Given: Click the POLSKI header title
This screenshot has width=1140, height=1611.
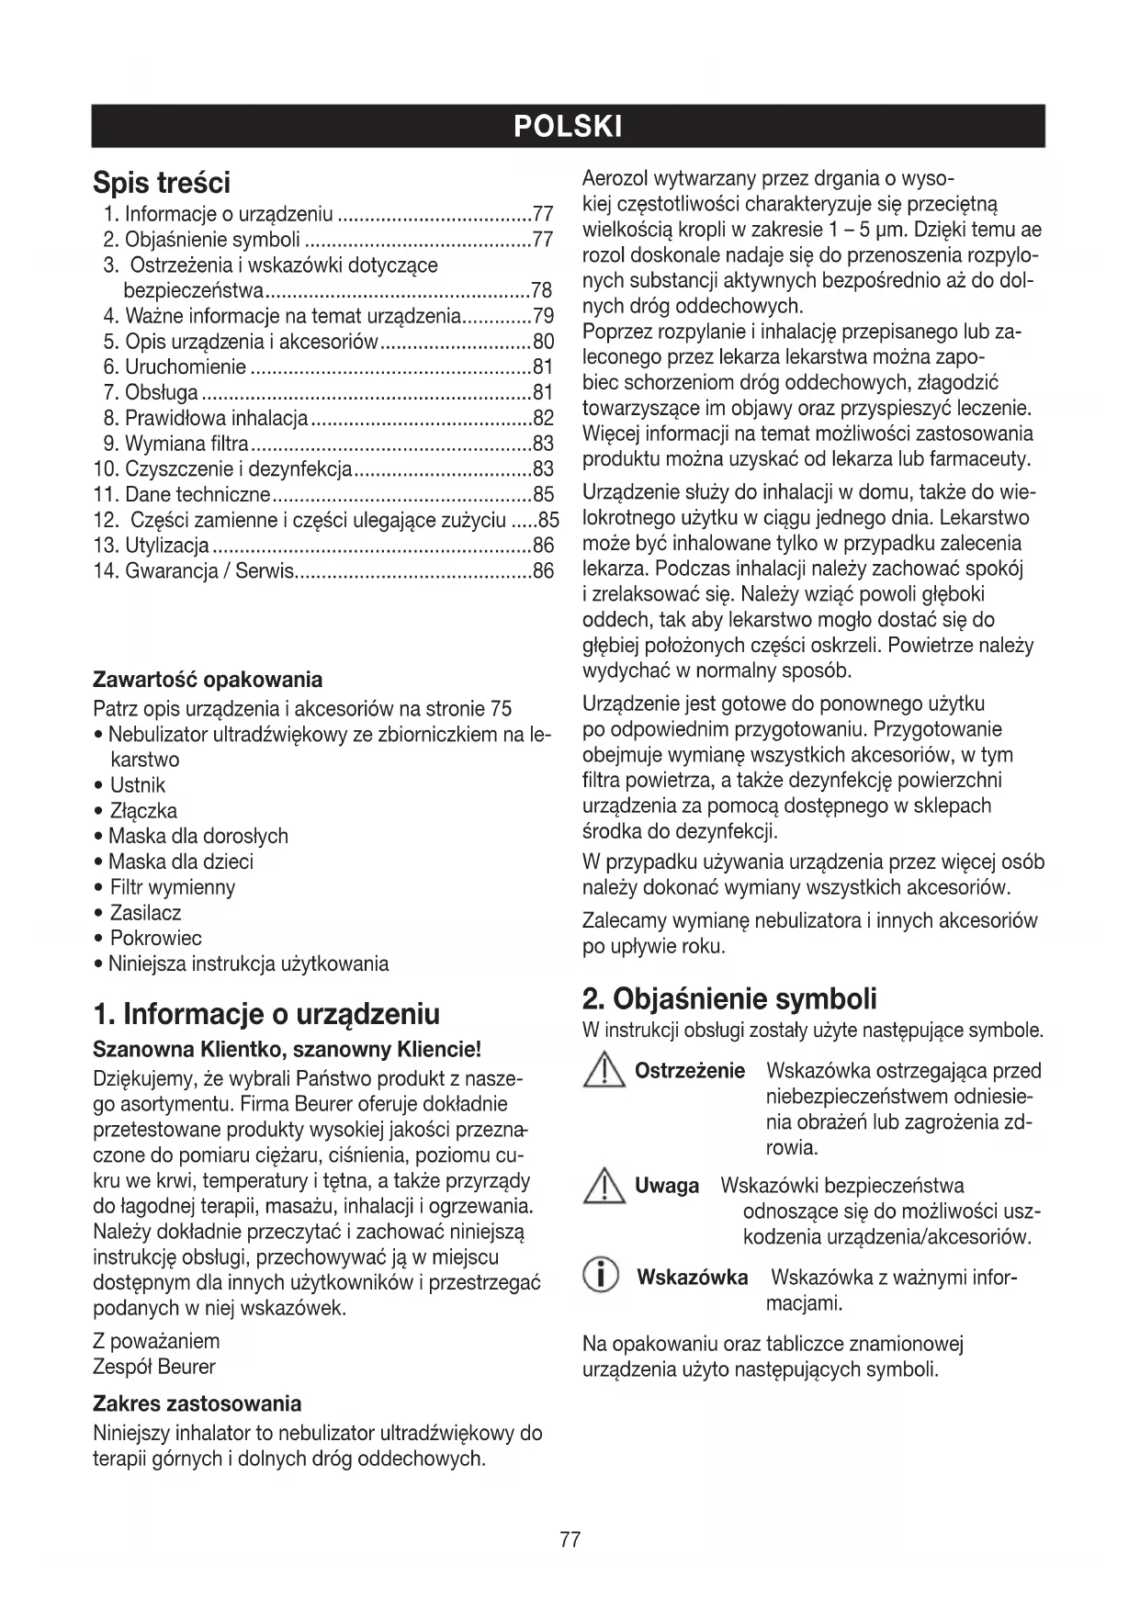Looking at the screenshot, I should coord(569,126).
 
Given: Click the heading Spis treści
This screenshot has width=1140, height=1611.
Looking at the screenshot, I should coord(162,183).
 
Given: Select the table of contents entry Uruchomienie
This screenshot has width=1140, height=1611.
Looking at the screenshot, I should coord(186,367).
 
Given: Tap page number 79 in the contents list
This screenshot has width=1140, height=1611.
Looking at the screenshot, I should coord(543,317).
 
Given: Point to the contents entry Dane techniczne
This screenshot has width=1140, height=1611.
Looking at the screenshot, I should coord(198,495).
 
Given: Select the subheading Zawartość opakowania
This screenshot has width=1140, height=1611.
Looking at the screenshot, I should coord(208,680).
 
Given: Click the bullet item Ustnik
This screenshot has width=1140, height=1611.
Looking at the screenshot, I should coord(138,785).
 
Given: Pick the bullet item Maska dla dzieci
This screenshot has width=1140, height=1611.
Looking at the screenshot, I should coord(180,862).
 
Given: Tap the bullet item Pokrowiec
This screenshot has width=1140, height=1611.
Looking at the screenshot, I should coord(155,939).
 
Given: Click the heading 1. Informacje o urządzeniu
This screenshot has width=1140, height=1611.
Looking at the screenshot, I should coord(266,1014).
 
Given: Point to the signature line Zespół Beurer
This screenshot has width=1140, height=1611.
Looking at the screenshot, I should coord(154,1367).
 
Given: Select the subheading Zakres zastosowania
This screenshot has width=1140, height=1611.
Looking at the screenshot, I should coord(198,1403).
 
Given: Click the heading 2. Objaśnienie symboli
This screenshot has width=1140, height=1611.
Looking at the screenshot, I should coord(729,998).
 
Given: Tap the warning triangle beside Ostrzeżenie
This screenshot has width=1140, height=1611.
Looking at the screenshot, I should coord(603,1073).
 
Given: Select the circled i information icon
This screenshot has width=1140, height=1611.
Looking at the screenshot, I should coord(602,1278).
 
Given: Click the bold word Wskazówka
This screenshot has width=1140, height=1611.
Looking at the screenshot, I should coord(692,1278).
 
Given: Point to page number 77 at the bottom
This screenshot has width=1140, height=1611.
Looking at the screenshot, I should coord(570,1540).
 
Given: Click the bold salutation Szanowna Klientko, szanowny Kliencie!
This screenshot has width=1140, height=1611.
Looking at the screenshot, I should coord(288,1050).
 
